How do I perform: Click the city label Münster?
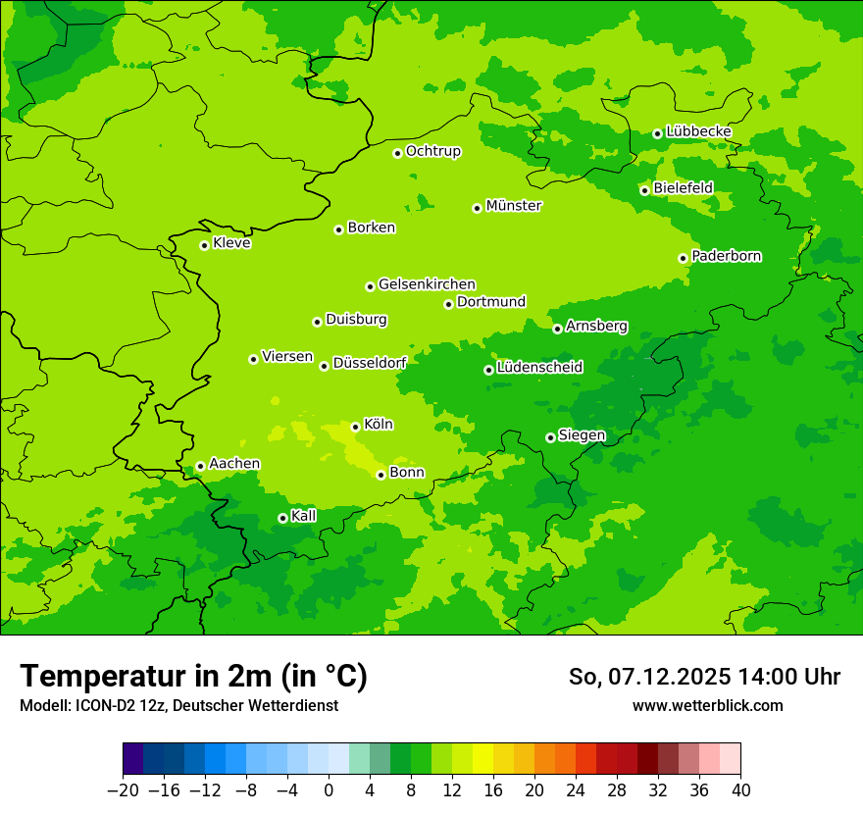point(514,206)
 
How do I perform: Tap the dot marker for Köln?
point(355,427)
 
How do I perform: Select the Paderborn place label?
point(727,256)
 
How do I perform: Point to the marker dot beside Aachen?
point(200,467)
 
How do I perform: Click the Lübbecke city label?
point(698,131)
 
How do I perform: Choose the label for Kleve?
point(231,243)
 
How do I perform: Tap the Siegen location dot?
point(550,437)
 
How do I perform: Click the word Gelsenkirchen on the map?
point(427,284)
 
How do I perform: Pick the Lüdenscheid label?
point(539,368)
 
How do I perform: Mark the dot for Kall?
point(282,518)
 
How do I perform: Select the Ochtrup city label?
point(433,151)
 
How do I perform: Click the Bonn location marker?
point(381,475)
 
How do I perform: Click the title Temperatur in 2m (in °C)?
point(193,676)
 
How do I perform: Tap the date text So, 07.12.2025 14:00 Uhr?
point(704,677)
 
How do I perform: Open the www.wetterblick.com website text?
point(707,705)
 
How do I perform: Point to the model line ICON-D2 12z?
point(178,705)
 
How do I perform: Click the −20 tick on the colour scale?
point(123,790)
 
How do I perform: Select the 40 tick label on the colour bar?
point(740,790)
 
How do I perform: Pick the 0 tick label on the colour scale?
point(329,790)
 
